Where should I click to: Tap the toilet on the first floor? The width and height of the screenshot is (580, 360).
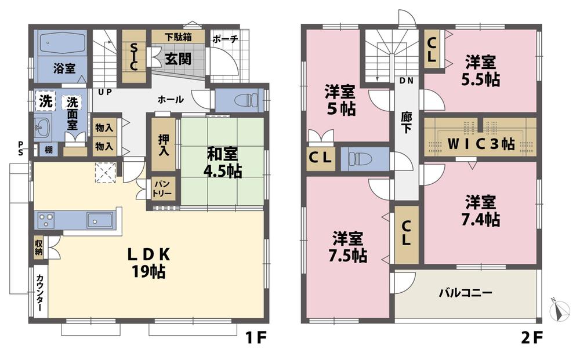click(246, 100)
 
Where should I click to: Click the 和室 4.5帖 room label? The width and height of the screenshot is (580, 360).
click(223, 162)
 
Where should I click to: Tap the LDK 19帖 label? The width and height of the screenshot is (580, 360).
click(147, 263)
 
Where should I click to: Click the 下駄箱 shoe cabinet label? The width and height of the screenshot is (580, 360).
click(179, 37)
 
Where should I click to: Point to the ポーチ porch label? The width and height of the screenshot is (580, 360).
click(224, 39)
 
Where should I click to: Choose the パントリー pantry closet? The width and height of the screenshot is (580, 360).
click(161, 188)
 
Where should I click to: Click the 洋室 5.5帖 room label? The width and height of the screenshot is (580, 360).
click(481, 70)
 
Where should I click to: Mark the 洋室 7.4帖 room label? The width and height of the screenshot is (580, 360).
click(481, 211)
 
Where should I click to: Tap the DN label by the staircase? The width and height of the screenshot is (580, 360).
click(406, 81)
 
